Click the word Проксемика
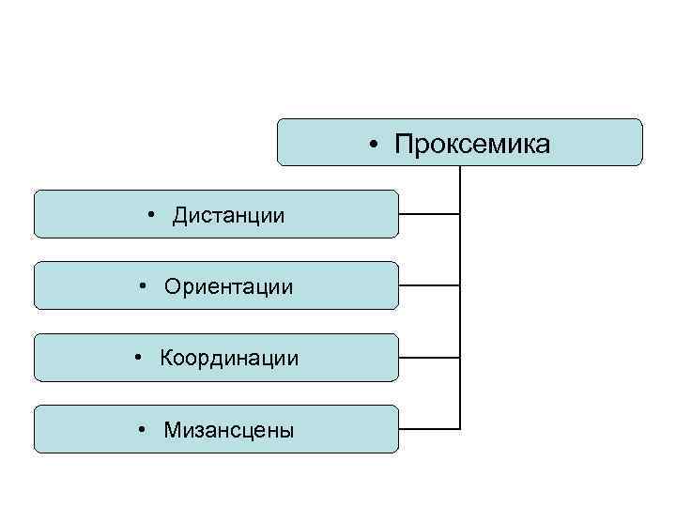click(x=472, y=145)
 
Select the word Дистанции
click(x=228, y=216)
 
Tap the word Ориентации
click(x=228, y=285)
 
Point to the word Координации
click(x=229, y=358)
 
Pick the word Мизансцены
click(x=228, y=430)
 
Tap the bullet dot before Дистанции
click(x=151, y=216)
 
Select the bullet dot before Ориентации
click(x=142, y=285)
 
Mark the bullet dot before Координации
click(x=139, y=358)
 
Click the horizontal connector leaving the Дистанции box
click(x=429, y=214)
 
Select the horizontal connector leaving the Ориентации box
click(x=429, y=285)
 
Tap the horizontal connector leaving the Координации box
click(x=429, y=358)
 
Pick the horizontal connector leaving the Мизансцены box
click(x=429, y=429)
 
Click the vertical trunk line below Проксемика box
click(x=460, y=300)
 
